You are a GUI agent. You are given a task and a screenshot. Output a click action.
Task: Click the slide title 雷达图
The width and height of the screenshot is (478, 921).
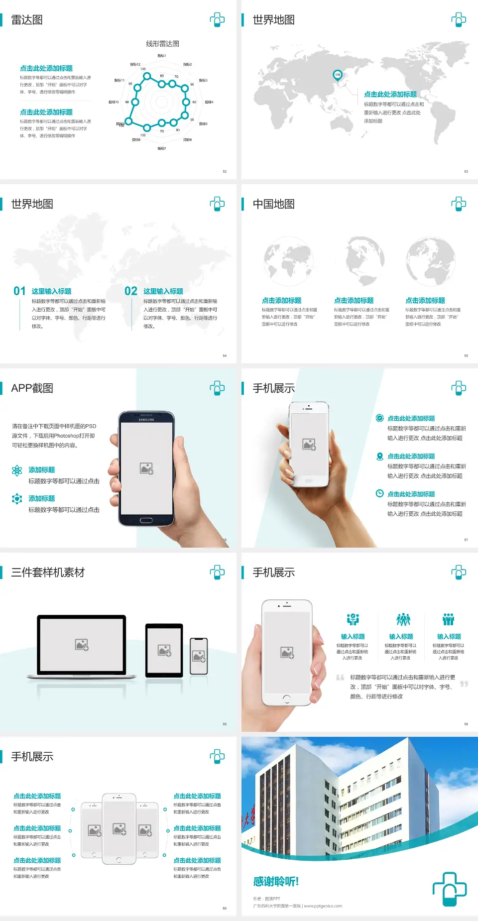coord(27,20)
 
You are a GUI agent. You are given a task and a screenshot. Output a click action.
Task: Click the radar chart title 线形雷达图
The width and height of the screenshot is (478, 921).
coord(162,44)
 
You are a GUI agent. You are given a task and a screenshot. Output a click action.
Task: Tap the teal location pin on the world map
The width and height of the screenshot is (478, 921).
coord(338,75)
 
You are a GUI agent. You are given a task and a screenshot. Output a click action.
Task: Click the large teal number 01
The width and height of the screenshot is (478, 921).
coord(19,291)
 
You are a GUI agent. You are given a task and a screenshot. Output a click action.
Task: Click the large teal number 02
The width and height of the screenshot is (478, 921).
coord(131,291)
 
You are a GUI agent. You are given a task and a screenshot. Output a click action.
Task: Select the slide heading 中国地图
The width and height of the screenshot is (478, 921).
coord(273,204)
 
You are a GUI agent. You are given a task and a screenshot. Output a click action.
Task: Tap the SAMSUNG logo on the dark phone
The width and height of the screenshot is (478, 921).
coord(146,420)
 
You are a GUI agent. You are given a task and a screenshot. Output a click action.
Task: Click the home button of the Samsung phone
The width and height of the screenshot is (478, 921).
coord(146,520)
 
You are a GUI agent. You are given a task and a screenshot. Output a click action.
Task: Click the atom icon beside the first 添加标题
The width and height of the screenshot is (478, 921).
coord(17,470)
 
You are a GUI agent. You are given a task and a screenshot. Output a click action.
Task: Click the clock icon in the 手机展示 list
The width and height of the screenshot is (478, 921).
coord(379,493)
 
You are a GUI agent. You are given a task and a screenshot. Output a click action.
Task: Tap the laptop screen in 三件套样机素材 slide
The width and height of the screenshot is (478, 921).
coord(82,644)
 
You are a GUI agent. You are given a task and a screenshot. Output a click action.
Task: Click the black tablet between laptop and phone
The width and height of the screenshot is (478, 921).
coord(164,650)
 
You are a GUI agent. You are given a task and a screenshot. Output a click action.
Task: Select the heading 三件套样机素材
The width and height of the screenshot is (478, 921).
coord(48,573)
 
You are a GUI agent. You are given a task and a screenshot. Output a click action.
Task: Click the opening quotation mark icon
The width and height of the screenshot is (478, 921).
coord(340,678)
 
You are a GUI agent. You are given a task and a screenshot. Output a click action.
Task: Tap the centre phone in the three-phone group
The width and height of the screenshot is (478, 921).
coord(119,829)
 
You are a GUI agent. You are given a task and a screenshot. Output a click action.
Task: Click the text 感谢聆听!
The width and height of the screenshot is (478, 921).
coord(276,882)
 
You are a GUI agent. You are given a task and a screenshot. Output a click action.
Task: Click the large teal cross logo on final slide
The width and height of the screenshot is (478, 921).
coord(449,889)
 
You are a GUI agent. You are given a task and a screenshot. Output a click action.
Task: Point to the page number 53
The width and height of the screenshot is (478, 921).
coord(466,171)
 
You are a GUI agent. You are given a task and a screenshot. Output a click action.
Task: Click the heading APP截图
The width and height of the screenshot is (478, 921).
coord(32,388)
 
